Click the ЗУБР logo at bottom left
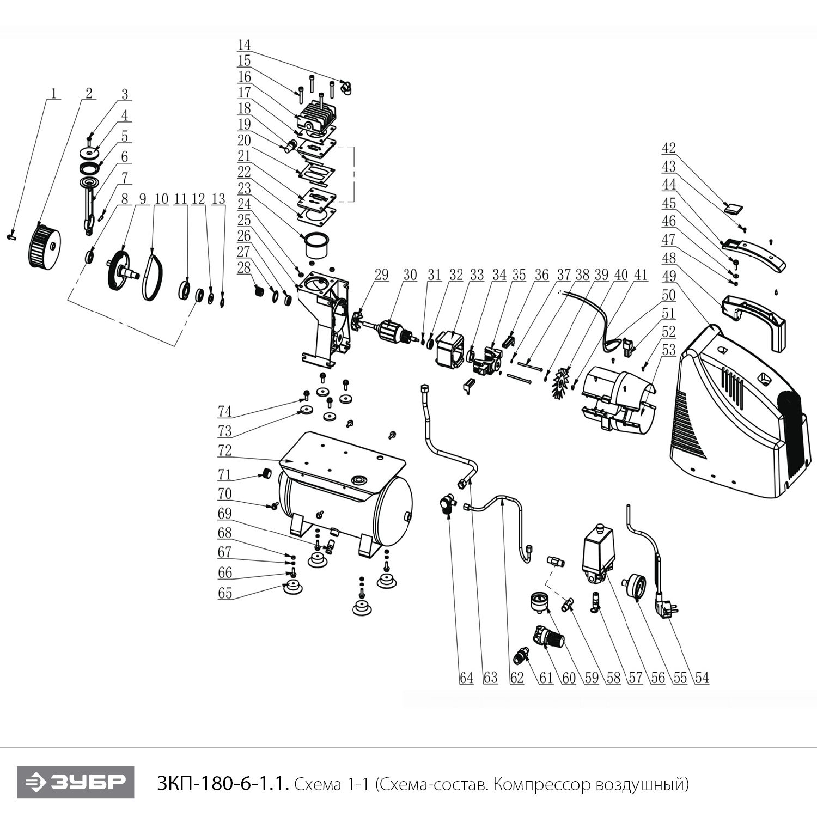coord(75,783)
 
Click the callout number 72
coord(224,451)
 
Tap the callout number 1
coord(53,93)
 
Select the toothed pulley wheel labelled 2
coord(44,248)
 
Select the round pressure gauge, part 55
coord(634,587)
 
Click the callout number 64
coord(466,678)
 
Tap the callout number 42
coord(668,148)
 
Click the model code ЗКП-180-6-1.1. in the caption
coord(221,784)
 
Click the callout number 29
coord(381,275)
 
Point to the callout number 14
coord(243,44)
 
